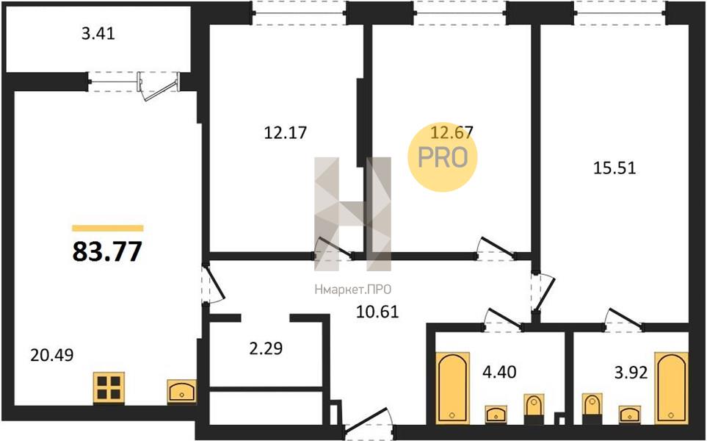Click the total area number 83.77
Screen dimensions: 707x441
tap(107, 251)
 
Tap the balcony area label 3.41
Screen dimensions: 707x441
tap(98, 34)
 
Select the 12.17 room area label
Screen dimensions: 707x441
tap(286, 133)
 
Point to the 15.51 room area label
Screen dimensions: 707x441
tap(614, 168)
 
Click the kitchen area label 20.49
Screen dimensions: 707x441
tap(52, 355)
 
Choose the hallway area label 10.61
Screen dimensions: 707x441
tap(377, 312)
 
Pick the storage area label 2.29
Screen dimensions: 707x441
tap(266, 348)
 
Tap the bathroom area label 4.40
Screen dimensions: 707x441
tap(499, 373)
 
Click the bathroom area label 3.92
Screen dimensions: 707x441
tap(631, 373)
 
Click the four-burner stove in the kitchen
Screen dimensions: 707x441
tap(109, 388)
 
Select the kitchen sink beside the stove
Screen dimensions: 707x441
tap(182, 391)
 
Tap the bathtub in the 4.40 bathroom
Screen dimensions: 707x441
tap(453, 388)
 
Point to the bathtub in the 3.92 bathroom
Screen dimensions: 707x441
tap(671, 388)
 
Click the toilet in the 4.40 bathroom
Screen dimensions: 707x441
tap(534, 409)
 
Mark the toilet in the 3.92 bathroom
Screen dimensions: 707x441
tap(592, 409)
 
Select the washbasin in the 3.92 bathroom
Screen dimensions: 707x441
tap(630, 415)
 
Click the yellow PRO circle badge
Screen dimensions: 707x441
tap(442, 157)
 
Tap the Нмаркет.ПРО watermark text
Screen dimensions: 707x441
tap(353, 290)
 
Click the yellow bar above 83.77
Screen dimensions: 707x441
tap(108, 228)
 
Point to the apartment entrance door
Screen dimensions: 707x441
tap(368, 420)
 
